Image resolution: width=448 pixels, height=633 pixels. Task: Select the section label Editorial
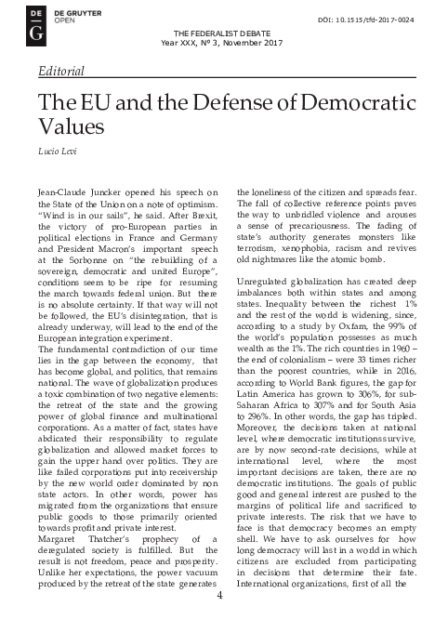click(x=61, y=71)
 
